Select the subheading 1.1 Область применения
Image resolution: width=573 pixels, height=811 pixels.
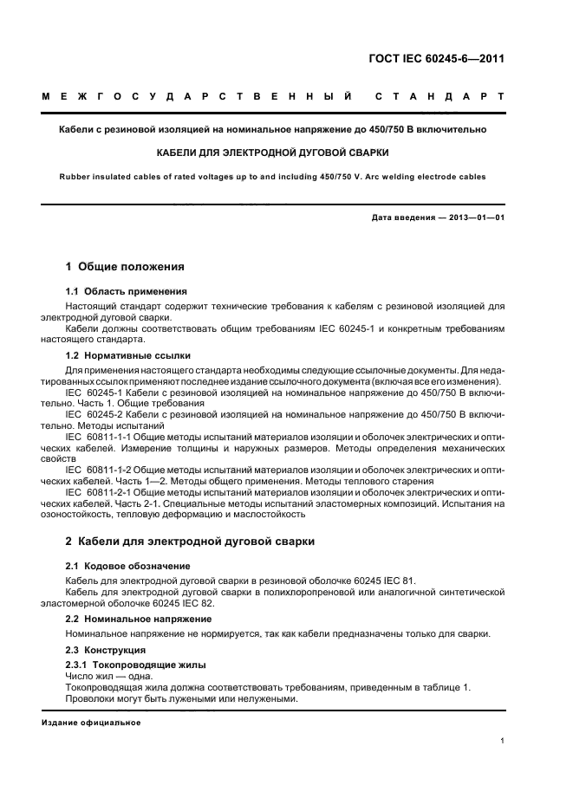tap(127, 292)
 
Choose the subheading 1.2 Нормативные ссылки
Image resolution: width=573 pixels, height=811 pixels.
tap(128, 356)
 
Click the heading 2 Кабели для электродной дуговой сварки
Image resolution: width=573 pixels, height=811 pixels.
tap(190, 542)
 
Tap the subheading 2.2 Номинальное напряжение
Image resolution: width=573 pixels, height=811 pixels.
tap(139, 620)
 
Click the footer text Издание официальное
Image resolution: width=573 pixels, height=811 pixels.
tap(91, 722)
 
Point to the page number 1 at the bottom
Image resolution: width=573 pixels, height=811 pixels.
tap(502, 741)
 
